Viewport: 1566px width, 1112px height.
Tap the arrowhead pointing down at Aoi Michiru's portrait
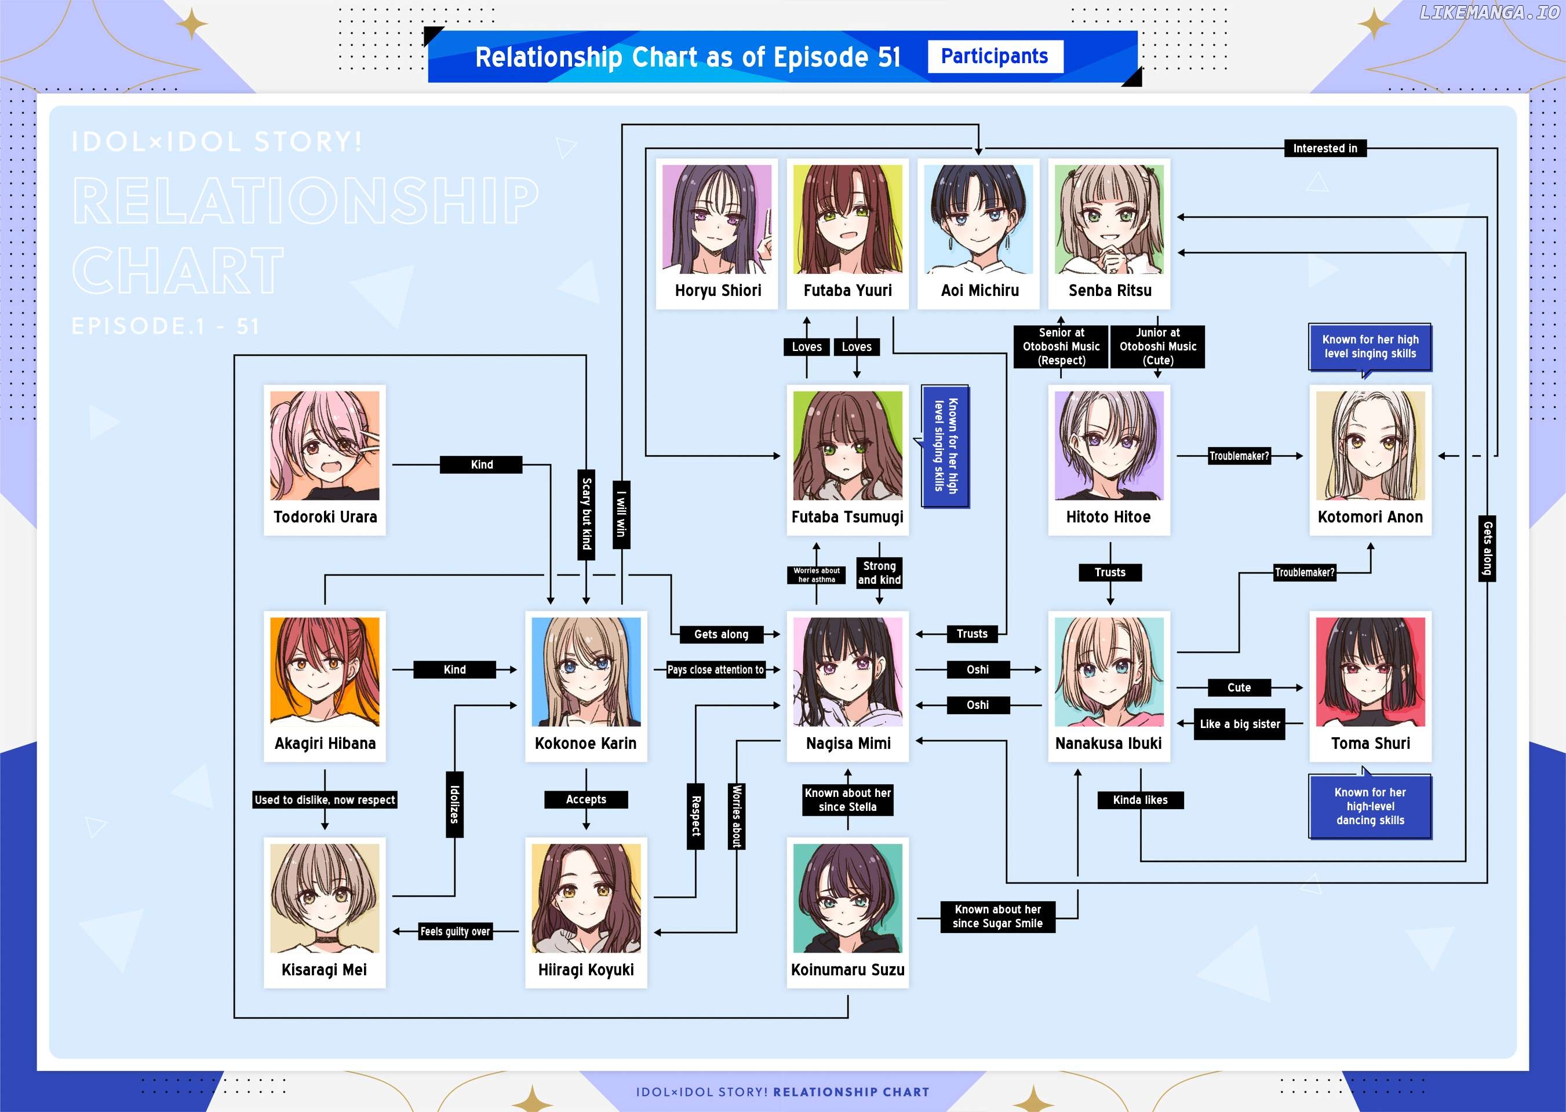point(979,151)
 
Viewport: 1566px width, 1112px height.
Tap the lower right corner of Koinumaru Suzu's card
point(909,988)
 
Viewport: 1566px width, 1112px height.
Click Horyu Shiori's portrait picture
point(718,219)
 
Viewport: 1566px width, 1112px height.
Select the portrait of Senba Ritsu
point(1109,219)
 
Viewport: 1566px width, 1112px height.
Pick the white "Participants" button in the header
point(995,56)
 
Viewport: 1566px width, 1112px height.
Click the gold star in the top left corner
point(192,25)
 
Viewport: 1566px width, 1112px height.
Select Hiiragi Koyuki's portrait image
point(586,898)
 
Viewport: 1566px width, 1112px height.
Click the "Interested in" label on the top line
point(1325,149)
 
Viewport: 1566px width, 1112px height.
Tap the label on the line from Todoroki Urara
point(482,465)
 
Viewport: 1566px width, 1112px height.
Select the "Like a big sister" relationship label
point(1240,724)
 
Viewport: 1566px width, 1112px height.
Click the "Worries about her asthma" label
point(817,575)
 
